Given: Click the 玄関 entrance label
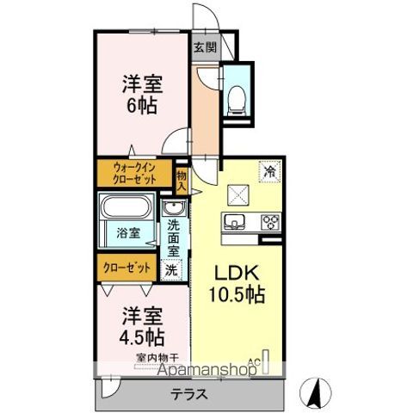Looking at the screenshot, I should point(204,47).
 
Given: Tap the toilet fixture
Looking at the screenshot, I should point(235,98).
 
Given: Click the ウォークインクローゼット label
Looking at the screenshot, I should point(133,174).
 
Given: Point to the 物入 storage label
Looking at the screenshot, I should point(182,179).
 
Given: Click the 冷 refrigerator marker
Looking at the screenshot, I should point(269,170).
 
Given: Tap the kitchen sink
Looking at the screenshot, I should point(234,222).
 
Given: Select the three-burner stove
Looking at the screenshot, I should point(270,222).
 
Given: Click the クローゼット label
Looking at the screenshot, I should point(127,268).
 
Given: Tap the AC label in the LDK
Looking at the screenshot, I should point(255,361).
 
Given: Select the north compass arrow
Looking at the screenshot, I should point(317,392).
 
